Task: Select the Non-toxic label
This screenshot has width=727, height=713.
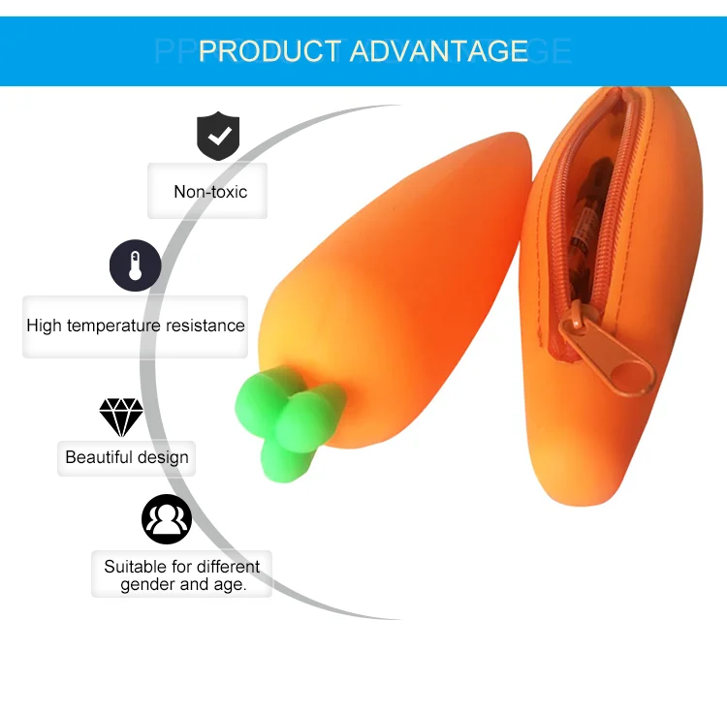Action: pos(210,192)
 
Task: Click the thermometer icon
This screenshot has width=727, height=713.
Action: pos(135,266)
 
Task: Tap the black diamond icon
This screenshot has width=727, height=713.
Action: pos(121,417)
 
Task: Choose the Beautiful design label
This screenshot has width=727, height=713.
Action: pos(127,457)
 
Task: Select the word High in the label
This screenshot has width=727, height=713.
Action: pos(44,325)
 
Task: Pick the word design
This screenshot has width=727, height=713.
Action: pos(163,457)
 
